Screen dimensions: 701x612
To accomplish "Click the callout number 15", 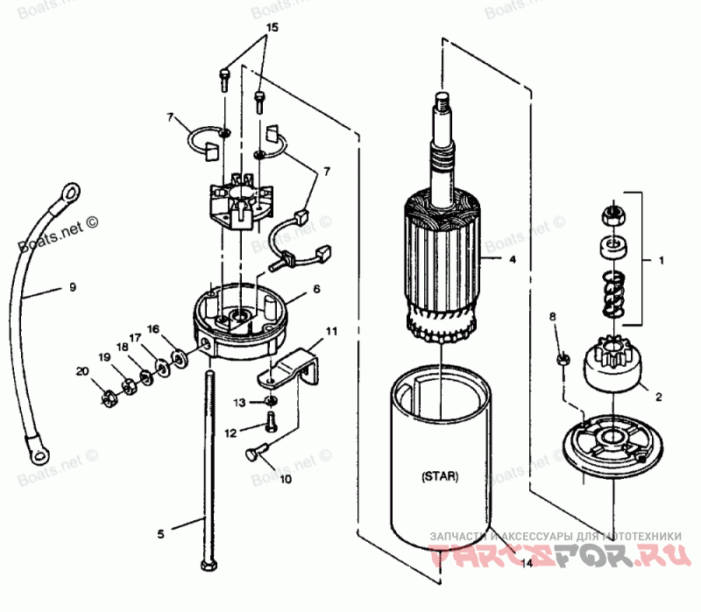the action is (272, 29).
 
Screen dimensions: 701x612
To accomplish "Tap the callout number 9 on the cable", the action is (74, 286).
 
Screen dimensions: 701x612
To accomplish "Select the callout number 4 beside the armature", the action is (513, 259).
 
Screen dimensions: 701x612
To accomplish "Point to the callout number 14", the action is (527, 564).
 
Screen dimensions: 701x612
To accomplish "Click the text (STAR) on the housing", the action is (437, 477).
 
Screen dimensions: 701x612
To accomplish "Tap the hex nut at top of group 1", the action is (611, 212).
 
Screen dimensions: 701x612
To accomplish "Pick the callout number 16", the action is (154, 330).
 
